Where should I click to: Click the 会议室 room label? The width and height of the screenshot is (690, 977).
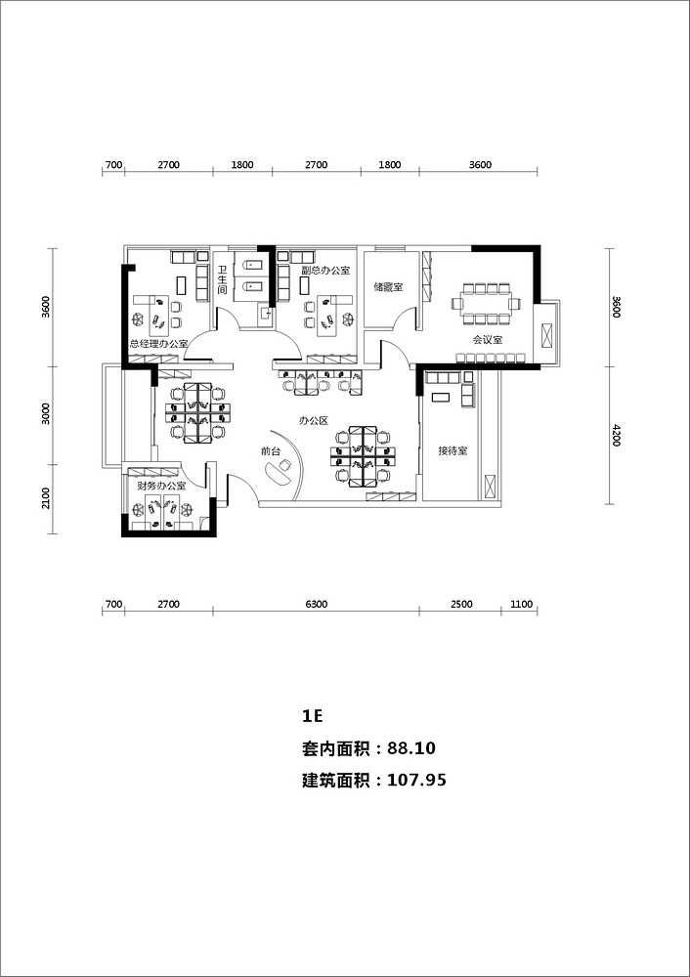point(488,340)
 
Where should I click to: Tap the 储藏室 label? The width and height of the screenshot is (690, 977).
point(388,287)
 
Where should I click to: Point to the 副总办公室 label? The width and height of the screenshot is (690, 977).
point(325,271)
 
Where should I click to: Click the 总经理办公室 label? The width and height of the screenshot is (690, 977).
point(159,343)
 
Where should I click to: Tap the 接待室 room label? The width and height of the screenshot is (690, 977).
point(453,450)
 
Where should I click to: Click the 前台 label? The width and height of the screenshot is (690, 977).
point(271,450)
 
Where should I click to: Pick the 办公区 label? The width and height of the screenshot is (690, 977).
point(313,420)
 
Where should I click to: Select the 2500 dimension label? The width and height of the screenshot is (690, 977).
point(462,604)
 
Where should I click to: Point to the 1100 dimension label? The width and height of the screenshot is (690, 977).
point(521,604)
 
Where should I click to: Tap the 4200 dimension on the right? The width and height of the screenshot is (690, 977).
point(617,435)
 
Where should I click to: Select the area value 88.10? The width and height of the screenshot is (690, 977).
point(411,748)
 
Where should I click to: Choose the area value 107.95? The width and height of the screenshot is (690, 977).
point(417,780)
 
